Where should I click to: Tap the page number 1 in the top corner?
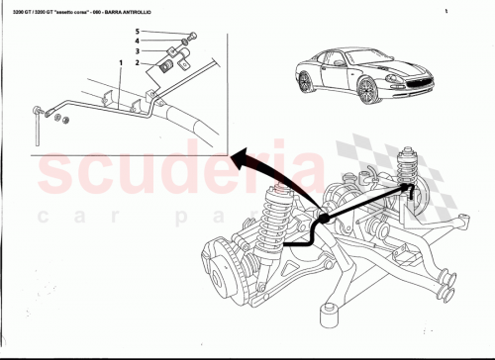tap(447, 12)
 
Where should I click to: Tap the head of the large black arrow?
tap(240, 154)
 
